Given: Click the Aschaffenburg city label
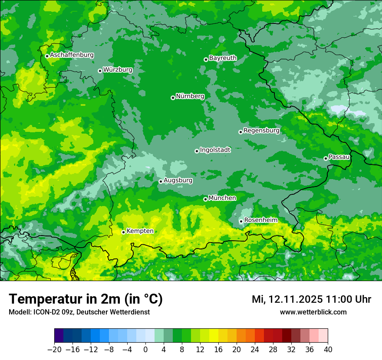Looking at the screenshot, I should (72, 55).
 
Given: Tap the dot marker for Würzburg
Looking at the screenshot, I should (100, 71).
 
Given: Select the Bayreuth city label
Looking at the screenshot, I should (223, 58).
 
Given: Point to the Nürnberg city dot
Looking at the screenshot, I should (173, 98).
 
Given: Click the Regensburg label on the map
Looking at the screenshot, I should (261, 130).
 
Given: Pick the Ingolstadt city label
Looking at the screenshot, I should (215, 150).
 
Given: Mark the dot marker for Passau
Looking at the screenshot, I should (326, 158).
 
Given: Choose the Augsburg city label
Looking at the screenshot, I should (178, 180).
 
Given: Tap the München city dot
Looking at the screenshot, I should (205, 199).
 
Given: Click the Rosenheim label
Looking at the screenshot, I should (260, 220).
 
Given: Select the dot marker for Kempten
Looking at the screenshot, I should (123, 232).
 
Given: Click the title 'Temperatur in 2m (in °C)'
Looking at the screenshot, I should (86, 299).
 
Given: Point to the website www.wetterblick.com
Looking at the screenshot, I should (313, 312).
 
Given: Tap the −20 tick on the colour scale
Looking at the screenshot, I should (54, 350).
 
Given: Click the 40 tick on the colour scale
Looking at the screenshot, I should (328, 350).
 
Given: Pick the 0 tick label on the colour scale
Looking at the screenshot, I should (145, 350).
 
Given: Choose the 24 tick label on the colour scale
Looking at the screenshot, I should (255, 350).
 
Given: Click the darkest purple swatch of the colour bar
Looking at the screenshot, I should (59, 336).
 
